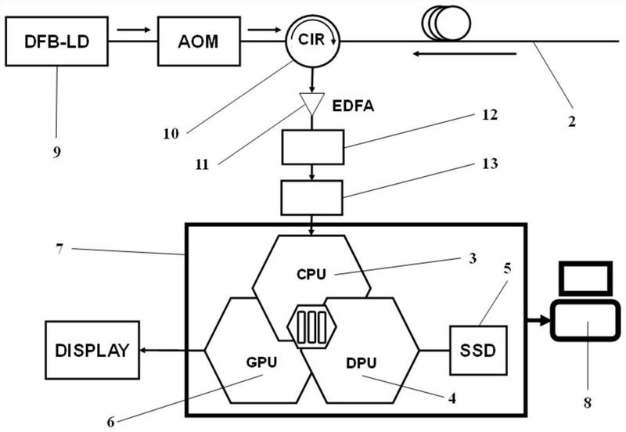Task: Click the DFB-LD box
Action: pyautogui.click(x=56, y=41)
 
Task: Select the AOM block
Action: pyautogui.click(x=199, y=41)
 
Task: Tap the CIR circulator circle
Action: pyautogui.click(x=312, y=41)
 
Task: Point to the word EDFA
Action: pyautogui.click(x=354, y=106)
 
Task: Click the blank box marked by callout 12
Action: pyautogui.click(x=312, y=147)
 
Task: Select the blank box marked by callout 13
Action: pyautogui.click(x=311, y=198)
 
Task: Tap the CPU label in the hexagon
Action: pyautogui.click(x=311, y=274)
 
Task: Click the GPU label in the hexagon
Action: pyautogui.click(x=261, y=362)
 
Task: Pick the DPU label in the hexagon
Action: pyautogui.click(x=362, y=363)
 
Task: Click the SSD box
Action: pyautogui.click(x=478, y=351)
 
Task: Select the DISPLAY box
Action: pyautogui.click(x=92, y=350)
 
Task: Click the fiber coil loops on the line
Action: pyautogui.click(x=446, y=23)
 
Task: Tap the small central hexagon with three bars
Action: pyautogui.click(x=311, y=326)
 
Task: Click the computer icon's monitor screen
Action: pyautogui.click(x=585, y=279)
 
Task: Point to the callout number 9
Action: pyautogui.click(x=57, y=152)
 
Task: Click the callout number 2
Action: pyautogui.click(x=572, y=121)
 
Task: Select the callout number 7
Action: pyautogui.click(x=59, y=249)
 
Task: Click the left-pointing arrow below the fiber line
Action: pyautogui.click(x=465, y=53)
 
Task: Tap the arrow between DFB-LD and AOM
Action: pyautogui.click(x=134, y=30)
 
